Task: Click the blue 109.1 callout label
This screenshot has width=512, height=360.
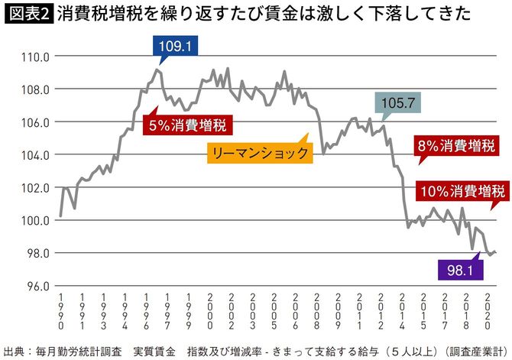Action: point(168,47)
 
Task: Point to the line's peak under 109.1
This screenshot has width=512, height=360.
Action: point(157,70)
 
